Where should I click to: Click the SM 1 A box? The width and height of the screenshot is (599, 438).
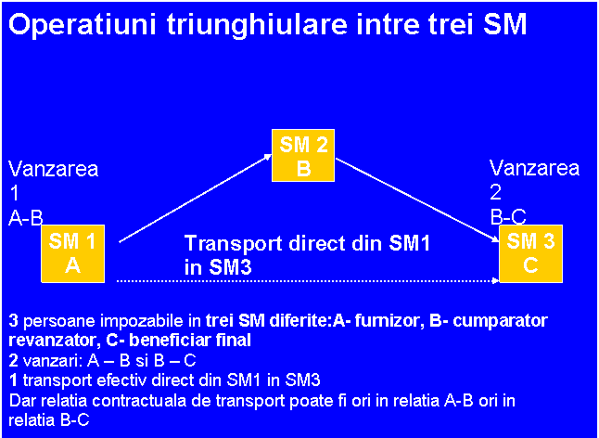click(x=72, y=253)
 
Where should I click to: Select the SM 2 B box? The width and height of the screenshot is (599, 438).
click(x=303, y=155)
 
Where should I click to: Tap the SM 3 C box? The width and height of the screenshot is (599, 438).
click(x=530, y=253)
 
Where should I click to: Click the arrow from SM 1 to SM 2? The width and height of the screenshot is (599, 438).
click(x=196, y=198)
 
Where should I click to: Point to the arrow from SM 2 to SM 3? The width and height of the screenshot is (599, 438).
click(x=417, y=200)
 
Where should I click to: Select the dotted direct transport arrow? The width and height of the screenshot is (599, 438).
click(x=308, y=281)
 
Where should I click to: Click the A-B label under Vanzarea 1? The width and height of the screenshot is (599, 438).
click(x=26, y=219)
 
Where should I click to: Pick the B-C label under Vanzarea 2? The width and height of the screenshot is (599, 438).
click(x=508, y=219)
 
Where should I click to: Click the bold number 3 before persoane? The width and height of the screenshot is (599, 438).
click(x=13, y=321)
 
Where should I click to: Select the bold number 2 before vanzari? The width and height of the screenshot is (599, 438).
click(x=13, y=360)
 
